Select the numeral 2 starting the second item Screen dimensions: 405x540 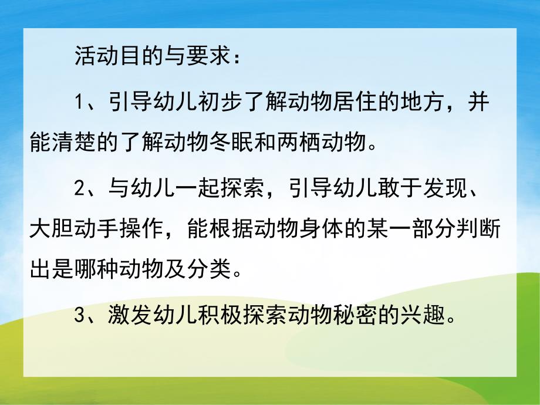point(80,190)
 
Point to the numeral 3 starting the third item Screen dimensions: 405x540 point(80,316)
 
